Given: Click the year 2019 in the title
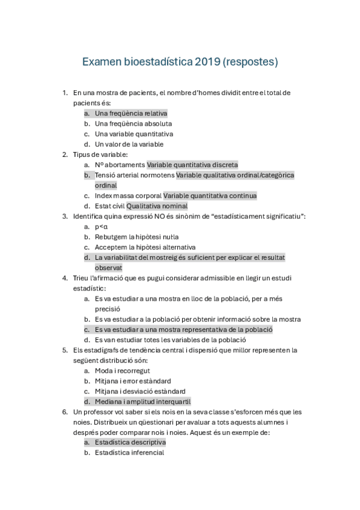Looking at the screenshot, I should [207, 61].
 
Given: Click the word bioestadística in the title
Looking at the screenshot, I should [158, 61].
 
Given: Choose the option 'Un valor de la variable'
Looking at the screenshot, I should [129, 144].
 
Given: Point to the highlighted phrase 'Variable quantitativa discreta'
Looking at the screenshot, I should [192, 165].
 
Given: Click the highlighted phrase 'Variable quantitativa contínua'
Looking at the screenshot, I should [210, 195].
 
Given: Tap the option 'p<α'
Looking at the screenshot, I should [101, 227].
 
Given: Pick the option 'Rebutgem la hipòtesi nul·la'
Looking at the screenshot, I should [136, 237].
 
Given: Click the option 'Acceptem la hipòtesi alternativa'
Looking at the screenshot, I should [145, 247].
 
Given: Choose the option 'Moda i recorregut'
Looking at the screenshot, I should [123, 370].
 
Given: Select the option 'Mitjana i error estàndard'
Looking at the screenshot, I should [133, 381].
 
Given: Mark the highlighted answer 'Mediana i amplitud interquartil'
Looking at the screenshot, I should [142, 401].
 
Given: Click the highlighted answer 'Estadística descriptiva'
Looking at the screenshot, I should [130, 442].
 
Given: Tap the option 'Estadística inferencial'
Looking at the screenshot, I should [129, 452].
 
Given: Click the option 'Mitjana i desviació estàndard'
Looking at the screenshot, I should [139, 391].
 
